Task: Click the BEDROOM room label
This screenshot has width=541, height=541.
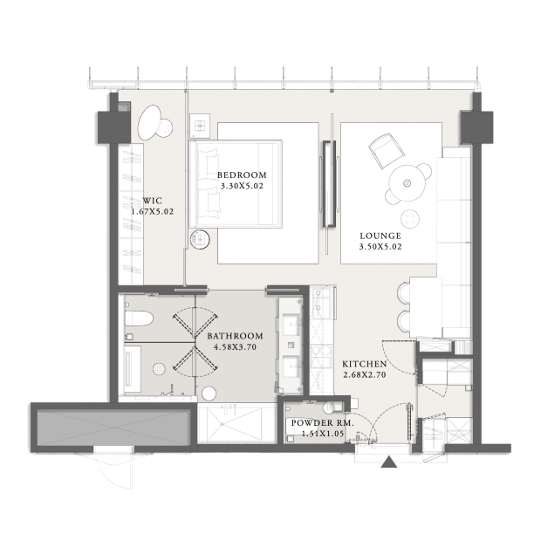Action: coord(242,175)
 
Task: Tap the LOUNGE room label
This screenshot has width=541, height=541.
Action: coord(380,236)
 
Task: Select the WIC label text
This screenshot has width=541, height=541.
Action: coord(152,201)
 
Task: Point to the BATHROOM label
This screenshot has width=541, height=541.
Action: coord(235,336)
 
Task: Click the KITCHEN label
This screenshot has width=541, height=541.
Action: coord(365,364)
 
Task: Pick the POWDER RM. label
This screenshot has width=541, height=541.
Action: coord(323,423)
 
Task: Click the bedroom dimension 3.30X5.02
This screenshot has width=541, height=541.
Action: coord(242,186)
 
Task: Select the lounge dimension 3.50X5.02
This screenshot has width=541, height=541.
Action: coord(380,247)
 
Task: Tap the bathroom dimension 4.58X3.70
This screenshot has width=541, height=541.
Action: coord(235,346)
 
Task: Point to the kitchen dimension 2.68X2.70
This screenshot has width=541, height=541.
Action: coord(365,374)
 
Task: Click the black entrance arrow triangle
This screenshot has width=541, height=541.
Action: coord(389,462)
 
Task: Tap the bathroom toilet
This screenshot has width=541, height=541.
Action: coord(139,318)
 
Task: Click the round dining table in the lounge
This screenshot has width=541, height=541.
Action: coord(407,183)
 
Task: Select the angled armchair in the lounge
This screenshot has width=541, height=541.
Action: coord(387,151)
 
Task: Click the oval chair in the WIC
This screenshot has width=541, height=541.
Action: coord(149,122)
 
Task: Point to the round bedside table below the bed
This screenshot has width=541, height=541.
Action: coord(200,239)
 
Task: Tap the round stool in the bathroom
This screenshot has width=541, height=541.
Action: coord(209,394)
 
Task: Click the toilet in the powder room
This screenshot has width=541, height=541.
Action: coord(332,407)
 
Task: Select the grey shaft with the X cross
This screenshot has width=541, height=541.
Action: coord(113,428)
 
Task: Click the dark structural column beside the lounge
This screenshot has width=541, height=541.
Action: coord(476,127)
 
